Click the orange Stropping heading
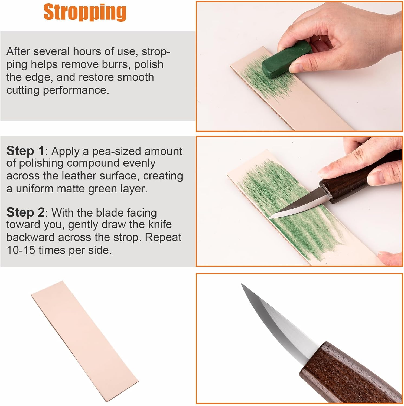[x=85, y=12]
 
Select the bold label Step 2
[x=25, y=212]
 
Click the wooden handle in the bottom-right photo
[x=349, y=374]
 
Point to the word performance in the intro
[x=76, y=90]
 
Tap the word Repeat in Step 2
[x=163, y=237]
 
